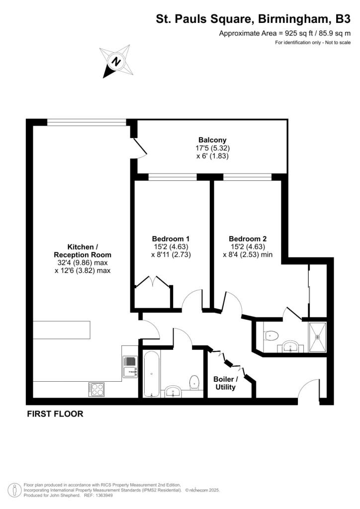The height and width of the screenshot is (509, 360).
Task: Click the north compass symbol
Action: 115,61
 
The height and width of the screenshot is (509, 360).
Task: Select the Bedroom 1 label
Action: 171,239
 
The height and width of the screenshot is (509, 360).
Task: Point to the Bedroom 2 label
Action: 247,239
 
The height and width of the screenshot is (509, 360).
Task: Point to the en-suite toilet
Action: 270,335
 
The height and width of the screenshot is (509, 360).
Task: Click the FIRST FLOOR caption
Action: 55,414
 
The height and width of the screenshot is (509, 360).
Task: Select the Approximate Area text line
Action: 285,34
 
